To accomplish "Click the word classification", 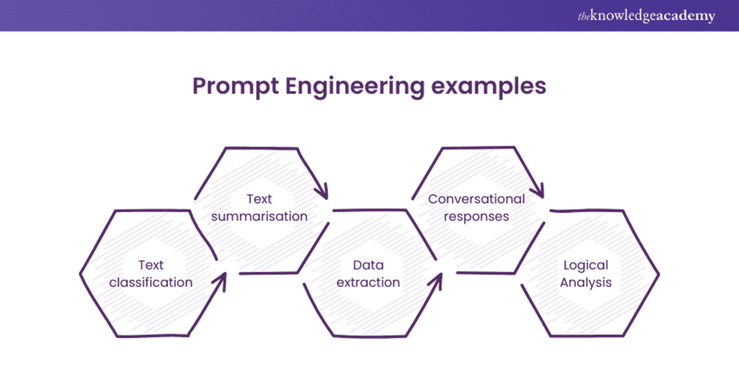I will pyautogui.click(x=151, y=282).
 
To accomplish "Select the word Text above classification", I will pyautogui.click(x=151, y=265).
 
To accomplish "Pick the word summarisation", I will pyautogui.click(x=259, y=216).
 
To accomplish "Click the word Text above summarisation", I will pyautogui.click(x=259, y=198).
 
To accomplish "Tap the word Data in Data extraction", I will pyautogui.click(x=368, y=265).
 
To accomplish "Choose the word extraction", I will pyautogui.click(x=368, y=282).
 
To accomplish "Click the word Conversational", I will pyautogui.click(x=476, y=198).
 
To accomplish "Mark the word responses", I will pyautogui.click(x=476, y=216).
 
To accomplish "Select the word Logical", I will pyautogui.click(x=585, y=265).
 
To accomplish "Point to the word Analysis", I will pyautogui.click(x=585, y=282).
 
